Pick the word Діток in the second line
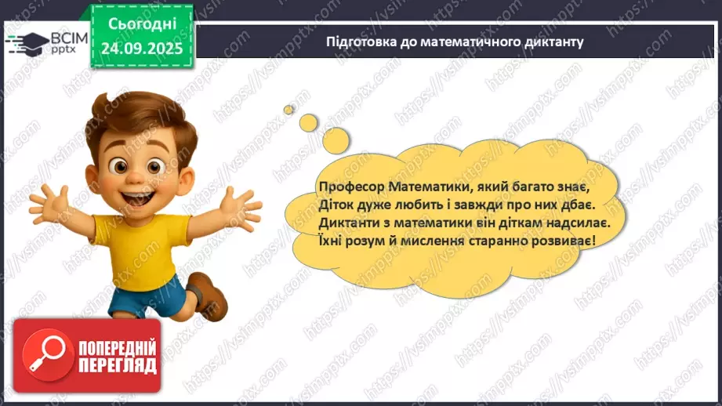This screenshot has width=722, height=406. pyautogui.click(x=336, y=205)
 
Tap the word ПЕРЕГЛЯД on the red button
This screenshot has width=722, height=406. pyautogui.click(x=118, y=365)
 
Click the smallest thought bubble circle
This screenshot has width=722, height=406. pyautogui.click(x=288, y=109)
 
